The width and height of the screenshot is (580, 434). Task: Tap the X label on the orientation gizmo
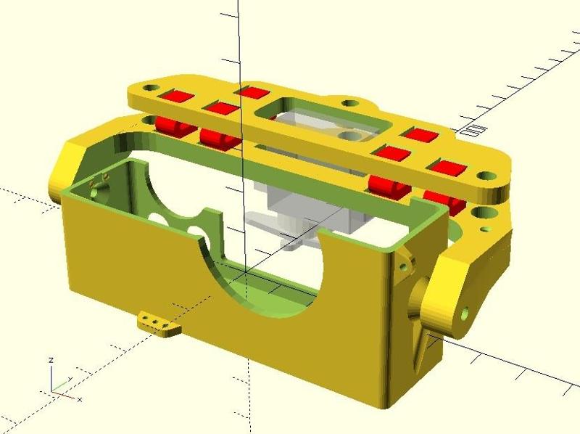click(x=79, y=399)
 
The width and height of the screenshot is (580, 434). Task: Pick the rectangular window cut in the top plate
click(x=322, y=119)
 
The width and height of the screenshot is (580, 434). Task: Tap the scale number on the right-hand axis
click(x=474, y=131)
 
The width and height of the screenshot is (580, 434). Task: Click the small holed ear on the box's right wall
click(x=405, y=265)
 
